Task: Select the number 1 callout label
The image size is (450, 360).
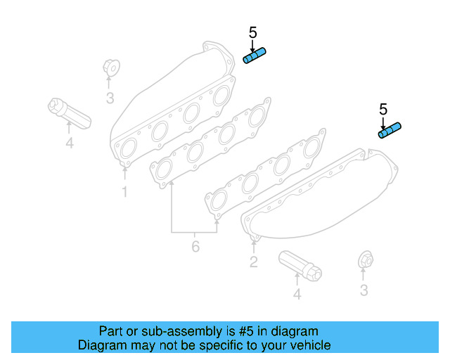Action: click(x=124, y=191)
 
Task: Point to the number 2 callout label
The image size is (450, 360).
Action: click(x=254, y=262)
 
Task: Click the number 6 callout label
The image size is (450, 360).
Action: click(x=195, y=246)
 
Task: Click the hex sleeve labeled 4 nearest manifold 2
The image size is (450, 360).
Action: click(x=300, y=265)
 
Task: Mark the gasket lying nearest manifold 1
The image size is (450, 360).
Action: click(x=211, y=143)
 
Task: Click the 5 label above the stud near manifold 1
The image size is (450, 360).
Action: click(x=253, y=32)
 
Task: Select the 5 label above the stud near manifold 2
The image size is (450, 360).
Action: click(x=383, y=109)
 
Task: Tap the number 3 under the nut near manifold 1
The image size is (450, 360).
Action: click(x=110, y=98)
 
